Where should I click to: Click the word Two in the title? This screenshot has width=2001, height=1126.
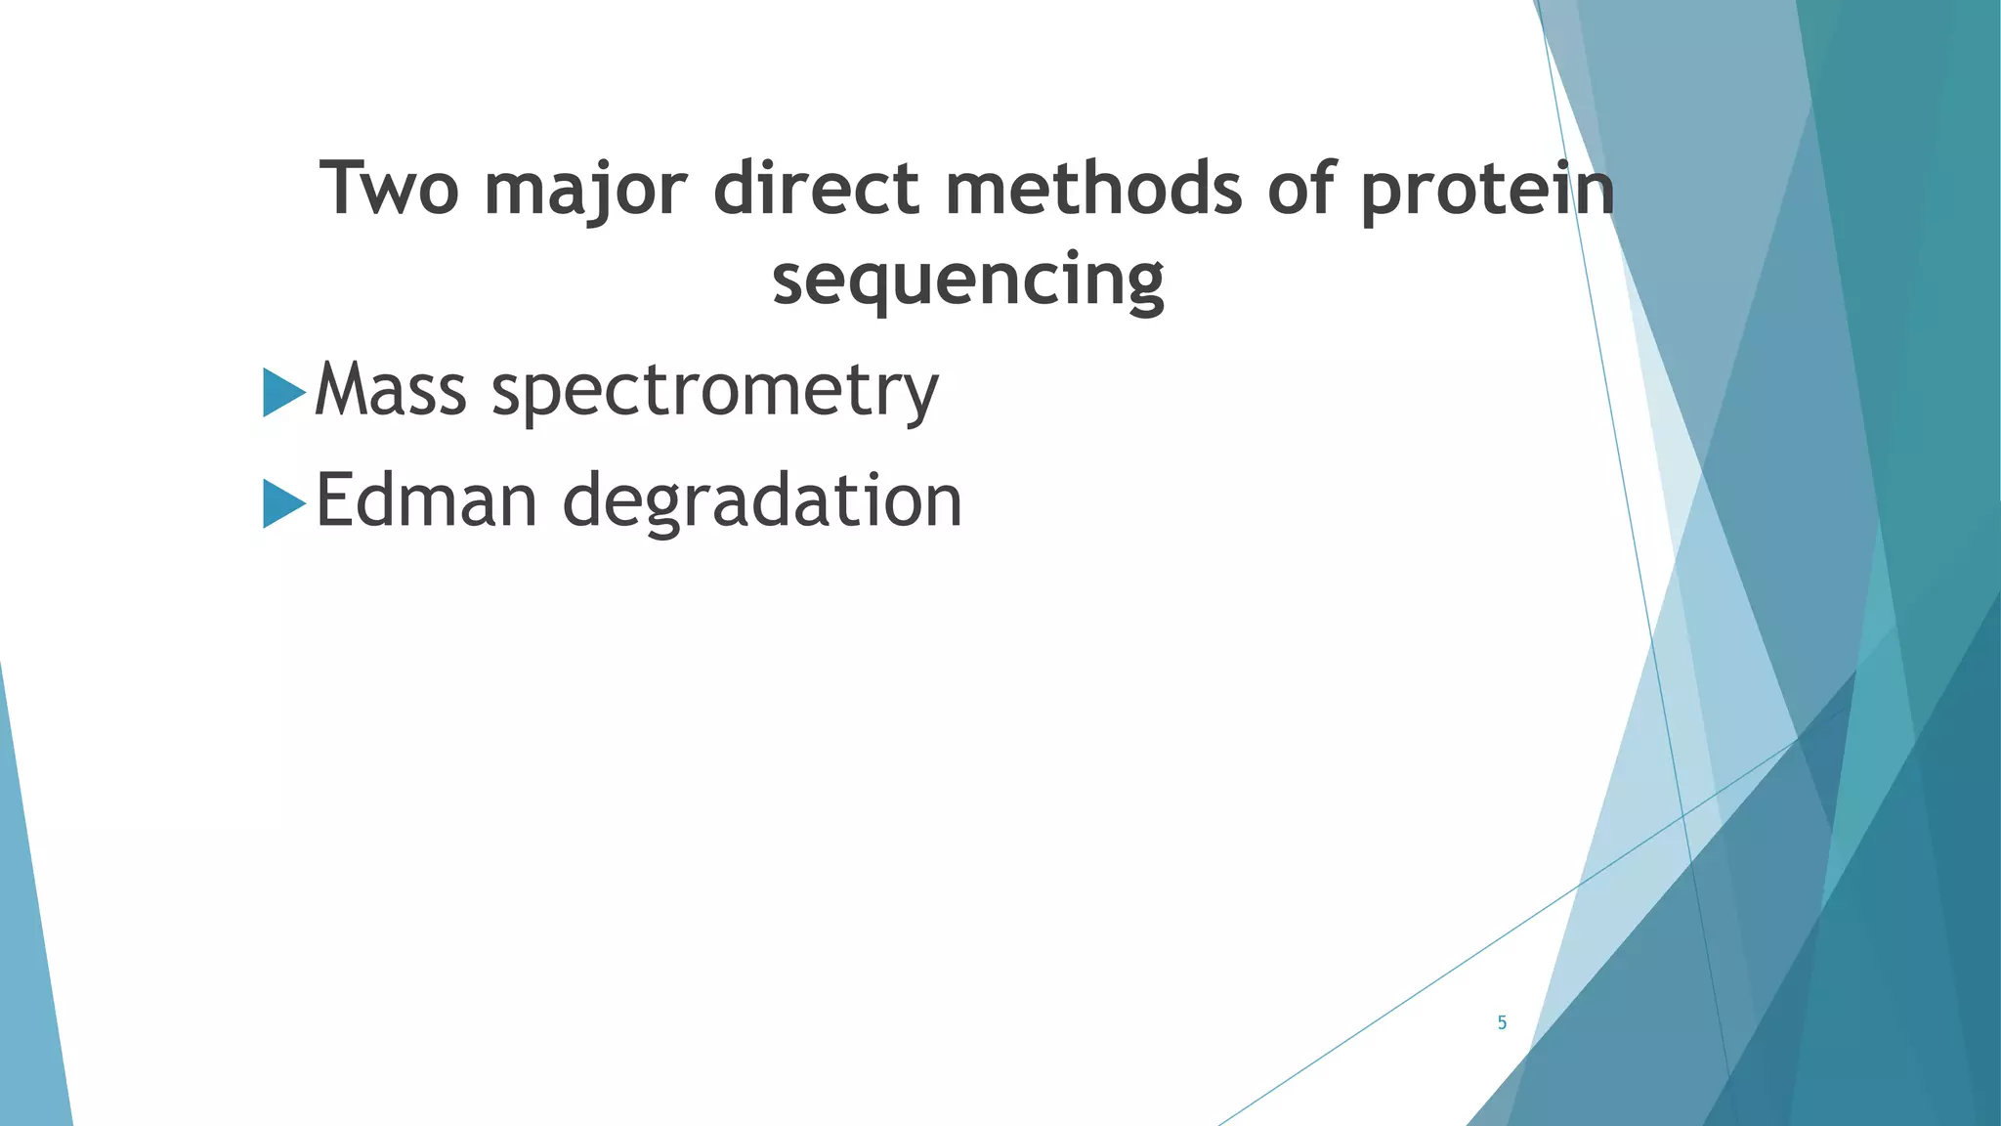coord(389,188)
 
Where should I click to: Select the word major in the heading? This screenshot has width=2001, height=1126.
coord(586,190)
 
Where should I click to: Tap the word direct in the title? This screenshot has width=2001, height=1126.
coord(817,188)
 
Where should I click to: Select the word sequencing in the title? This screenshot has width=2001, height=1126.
coord(968,281)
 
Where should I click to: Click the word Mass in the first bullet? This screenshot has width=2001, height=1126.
coord(391,390)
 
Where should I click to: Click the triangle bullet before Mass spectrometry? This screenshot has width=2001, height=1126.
coord(283,392)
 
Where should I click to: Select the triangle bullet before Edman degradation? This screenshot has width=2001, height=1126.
coord(283,503)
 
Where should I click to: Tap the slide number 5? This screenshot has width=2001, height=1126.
coord(1502,1023)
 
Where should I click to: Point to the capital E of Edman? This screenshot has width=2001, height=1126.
coord(333,500)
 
